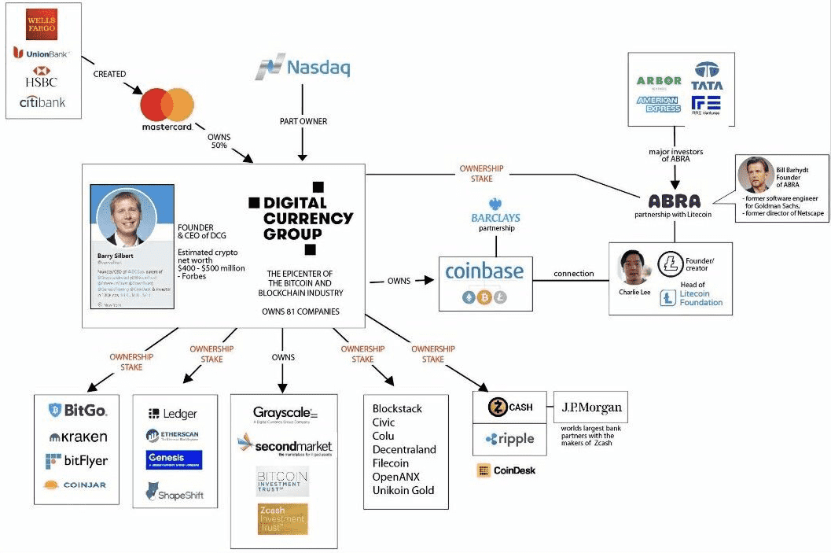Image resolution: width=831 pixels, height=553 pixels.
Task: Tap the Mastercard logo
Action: (x=167, y=109)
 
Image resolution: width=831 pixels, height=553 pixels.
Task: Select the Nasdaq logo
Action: (x=303, y=68)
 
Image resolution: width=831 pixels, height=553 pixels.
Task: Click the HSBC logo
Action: (x=42, y=78)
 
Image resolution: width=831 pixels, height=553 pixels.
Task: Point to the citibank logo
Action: (x=42, y=102)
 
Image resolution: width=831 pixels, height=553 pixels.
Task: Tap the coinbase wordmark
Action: (x=484, y=271)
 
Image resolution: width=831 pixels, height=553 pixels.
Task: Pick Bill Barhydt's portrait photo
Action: (x=756, y=175)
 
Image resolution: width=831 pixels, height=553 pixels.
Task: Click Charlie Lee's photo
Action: (x=634, y=267)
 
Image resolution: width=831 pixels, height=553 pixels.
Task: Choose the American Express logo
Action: (x=658, y=104)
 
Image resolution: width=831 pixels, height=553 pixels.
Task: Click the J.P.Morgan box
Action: (x=591, y=407)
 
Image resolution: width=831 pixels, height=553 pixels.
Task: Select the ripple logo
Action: (x=509, y=439)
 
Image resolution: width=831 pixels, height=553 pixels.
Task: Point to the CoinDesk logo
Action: (x=506, y=471)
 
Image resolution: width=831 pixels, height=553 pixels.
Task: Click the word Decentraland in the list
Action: (x=404, y=449)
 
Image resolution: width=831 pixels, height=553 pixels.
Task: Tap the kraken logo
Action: (x=78, y=437)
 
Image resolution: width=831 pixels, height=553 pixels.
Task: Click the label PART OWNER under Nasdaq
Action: (x=303, y=121)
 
